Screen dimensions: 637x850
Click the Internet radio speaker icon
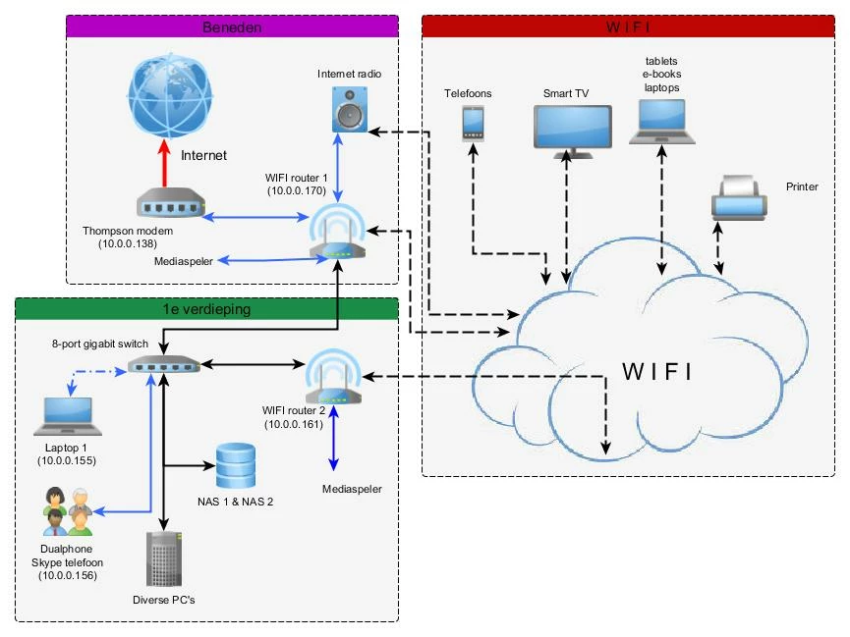click(x=350, y=109)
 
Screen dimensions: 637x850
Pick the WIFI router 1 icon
click(x=337, y=238)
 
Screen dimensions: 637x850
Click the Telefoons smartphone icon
click(x=474, y=123)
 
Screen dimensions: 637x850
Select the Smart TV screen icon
click(x=572, y=131)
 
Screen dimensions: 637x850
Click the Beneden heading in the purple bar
click(x=232, y=27)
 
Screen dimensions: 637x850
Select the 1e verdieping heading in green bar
click(x=206, y=309)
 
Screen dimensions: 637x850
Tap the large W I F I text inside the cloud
click(x=657, y=372)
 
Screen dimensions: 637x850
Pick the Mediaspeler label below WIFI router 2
click(x=352, y=489)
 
